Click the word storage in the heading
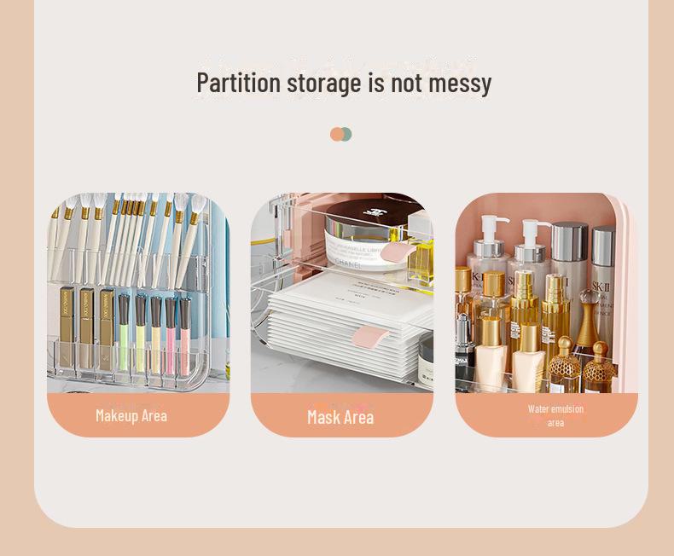click(324, 84)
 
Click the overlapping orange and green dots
click(340, 134)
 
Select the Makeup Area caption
click(131, 415)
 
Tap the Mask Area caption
click(340, 417)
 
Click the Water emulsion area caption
click(555, 415)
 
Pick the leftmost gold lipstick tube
click(66, 316)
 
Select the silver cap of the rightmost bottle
click(603, 242)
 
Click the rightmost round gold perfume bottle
click(600, 370)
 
